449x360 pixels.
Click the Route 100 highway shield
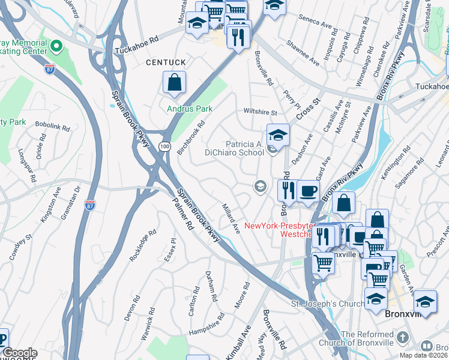tap(163, 146)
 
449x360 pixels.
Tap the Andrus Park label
tap(190, 109)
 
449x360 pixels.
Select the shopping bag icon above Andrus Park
tap(174, 83)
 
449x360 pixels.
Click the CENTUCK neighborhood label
tap(163, 62)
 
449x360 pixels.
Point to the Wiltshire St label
tap(260, 112)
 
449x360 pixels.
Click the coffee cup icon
tap(308, 191)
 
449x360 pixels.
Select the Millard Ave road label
tap(231, 218)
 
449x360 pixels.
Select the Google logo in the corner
tap(19, 353)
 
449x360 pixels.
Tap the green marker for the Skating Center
tap(56, 46)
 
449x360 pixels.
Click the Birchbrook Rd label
tap(191, 137)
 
